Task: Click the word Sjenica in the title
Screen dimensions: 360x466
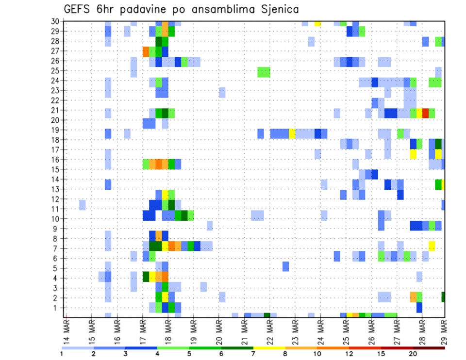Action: click(276, 9)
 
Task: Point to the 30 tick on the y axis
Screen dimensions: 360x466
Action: click(56, 21)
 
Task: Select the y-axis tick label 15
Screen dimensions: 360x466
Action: click(56, 169)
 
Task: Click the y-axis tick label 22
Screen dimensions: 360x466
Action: click(56, 100)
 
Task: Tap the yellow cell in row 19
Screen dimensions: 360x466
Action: click(292, 133)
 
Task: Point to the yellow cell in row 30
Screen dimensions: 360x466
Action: click(317, 22)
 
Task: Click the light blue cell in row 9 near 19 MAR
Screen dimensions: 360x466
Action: click(210, 226)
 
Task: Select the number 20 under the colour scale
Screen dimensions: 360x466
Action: click(413, 353)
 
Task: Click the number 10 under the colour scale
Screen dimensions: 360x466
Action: click(317, 353)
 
